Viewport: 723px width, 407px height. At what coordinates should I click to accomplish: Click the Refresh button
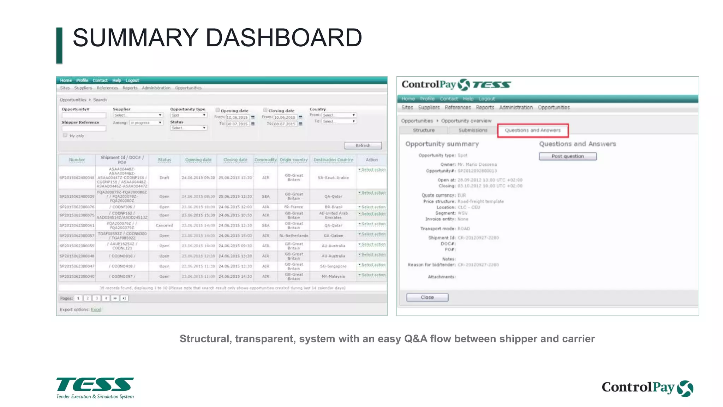(x=363, y=146)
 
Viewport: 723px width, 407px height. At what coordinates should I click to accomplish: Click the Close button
(x=427, y=297)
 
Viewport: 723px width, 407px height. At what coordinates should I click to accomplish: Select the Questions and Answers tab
(x=533, y=130)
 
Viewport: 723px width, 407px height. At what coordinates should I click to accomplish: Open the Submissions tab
(x=473, y=130)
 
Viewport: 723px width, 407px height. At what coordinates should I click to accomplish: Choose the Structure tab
(x=424, y=130)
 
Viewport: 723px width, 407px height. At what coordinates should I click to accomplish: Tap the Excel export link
(x=96, y=309)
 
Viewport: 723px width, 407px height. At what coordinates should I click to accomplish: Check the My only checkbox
(x=65, y=135)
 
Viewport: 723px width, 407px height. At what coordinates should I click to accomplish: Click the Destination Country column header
(x=333, y=160)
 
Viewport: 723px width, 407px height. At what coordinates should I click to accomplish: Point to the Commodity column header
(x=265, y=160)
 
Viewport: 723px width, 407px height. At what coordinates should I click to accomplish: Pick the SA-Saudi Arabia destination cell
(x=333, y=178)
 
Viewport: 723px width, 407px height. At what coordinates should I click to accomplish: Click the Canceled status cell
(x=164, y=225)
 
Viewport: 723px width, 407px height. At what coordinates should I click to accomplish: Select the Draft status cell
(x=164, y=178)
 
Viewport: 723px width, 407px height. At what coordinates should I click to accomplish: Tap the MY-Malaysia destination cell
(x=333, y=277)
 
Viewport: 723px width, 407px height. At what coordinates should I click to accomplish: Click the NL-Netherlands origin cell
(x=294, y=236)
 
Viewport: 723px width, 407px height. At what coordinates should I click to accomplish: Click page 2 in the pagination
(x=88, y=298)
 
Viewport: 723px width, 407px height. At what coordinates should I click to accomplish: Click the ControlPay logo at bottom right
(x=647, y=388)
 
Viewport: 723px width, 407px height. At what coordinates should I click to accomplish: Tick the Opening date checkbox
(x=218, y=110)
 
